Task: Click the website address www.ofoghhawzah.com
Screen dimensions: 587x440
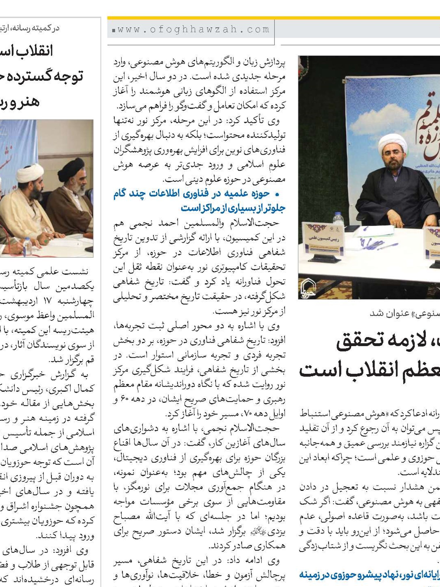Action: click(193, 30)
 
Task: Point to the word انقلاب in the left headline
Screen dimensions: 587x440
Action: click(34, 51)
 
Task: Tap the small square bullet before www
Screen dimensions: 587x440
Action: click(114, 30)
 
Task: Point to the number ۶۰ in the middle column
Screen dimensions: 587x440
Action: click(126, 399)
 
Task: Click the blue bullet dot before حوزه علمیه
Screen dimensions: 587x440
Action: click(277, 194)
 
